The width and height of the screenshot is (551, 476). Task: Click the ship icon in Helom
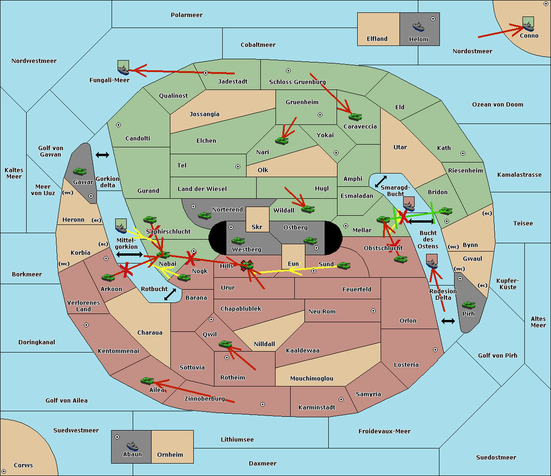click(x=418, y=27)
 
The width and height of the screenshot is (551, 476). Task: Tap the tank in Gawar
click(x=80, y=171)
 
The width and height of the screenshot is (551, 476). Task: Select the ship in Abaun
click(x=132, y=445)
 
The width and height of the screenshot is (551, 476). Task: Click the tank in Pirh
click(x=468, y=305)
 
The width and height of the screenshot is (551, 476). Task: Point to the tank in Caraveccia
click(x=355, y=117)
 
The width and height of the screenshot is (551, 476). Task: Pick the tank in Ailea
click(x=147, y=381)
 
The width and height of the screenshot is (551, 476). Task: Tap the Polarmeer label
click(x=186, y=15)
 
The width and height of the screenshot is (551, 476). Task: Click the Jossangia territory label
click(x=204, y=114)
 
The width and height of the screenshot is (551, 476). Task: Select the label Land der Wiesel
click(x=202, y=189)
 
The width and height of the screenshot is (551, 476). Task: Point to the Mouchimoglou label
click(x=312, y=378)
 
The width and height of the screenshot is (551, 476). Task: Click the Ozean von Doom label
click(x=497, y=105)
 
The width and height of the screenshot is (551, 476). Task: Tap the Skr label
click(x=257, y=227)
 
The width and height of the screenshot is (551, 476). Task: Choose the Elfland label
click(x=377, y=39)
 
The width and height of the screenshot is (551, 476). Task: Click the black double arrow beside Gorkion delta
click(x=102, y=155)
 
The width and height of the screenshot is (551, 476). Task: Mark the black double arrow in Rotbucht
click(x=170, y=294)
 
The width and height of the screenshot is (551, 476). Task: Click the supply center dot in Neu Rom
click(x=373, y=311)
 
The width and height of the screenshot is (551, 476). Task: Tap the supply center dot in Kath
click(x=463, y=153)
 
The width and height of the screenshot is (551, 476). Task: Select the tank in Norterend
click(x=204, y=215)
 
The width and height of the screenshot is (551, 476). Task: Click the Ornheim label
click(x=170, y=454)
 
